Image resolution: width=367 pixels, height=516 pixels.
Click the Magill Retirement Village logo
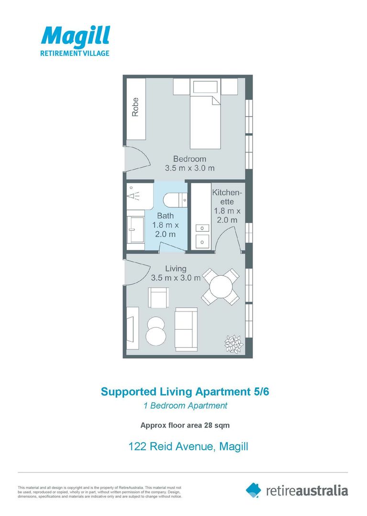point(75,41)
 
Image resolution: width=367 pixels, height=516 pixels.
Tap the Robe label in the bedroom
point(136,107)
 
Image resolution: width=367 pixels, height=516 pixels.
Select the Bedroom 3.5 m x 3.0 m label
point(189,163)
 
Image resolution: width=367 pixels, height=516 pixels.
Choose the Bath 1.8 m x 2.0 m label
point(166,225)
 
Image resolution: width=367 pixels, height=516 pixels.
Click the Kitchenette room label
point(227,205)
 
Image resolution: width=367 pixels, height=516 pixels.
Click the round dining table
point(220,287)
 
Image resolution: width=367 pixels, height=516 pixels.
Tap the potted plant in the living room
point(234,343)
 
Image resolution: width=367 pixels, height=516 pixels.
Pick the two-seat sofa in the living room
point(186,329)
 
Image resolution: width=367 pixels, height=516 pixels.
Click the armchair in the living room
point(158,298)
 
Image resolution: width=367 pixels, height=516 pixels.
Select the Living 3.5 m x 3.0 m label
point(175,273)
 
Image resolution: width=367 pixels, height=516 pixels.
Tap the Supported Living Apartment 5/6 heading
point(188,392)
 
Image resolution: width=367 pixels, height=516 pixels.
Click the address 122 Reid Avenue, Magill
point(188,447)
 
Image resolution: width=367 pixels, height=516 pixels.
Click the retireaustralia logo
point(297,490)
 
